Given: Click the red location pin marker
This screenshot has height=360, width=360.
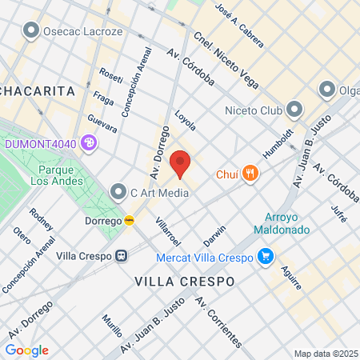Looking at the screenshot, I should coord(181,162).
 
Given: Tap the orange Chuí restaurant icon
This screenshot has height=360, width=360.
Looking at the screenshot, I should coord(250,173).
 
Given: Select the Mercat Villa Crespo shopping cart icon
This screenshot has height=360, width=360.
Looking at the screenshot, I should coord(266,257).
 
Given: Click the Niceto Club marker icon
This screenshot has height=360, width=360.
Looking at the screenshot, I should coord(295,109).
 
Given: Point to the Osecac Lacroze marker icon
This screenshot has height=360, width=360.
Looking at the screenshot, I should coord(32,31).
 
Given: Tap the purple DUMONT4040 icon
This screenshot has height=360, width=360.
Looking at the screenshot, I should coord(88,144).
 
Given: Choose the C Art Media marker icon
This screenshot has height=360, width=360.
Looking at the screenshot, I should coord(118,192).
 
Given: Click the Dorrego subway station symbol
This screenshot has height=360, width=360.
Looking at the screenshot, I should coord(129,220).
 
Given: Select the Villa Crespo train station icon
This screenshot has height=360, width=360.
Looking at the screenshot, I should coord(122,257).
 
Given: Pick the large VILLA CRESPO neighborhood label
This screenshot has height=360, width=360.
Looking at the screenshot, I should coord(184,282).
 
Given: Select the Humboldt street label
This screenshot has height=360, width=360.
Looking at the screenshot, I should coord(279,141).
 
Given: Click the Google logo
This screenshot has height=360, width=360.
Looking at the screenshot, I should coord(26,350).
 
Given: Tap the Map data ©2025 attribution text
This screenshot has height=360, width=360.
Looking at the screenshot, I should coord(325,354).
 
